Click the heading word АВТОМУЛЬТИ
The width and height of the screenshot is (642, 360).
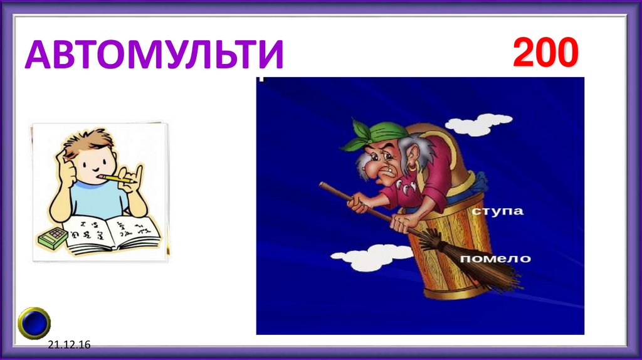(154, 55)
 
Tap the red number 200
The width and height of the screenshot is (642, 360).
(544, 53)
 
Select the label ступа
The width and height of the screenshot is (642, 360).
(498, 211)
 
